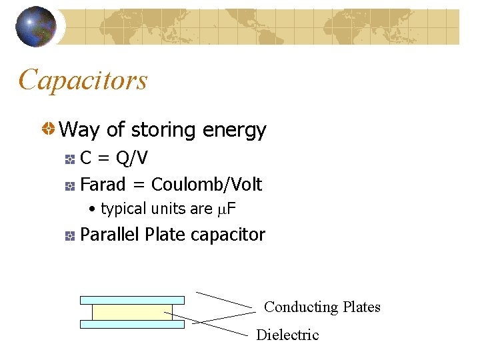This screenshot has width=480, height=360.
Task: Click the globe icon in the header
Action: pyautogui.click(x=36, y=27)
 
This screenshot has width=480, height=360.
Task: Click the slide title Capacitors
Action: pyautogui.click(x=83, y=80)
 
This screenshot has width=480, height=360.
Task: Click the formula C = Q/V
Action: pyautogui.click(x=114, y=159)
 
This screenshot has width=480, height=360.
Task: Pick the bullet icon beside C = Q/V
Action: pyautogui.click(x=70, y=159)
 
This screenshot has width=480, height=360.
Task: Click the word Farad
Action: pyautogui.click(x=102, y=184)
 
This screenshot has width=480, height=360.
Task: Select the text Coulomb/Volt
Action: pyautogui.click(x=207, y=184)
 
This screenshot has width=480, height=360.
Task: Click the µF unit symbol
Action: pyautogui.click(x=227, y=209)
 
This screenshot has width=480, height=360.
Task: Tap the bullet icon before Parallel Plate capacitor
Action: pyautogui.click(x=70, y=235)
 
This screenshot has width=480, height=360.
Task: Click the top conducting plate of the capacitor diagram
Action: pyautogui.click(x=132, y=300)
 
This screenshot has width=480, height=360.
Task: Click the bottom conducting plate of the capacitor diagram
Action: pyautogui.click(x=132, y=324)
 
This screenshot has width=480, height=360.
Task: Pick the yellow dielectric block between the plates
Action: pyautogui.click(x=132, y=312)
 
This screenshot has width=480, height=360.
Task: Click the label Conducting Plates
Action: pyautogui.click(x=322, y=307)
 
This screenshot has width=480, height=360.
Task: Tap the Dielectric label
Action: pyautogui.click(x=287, y=335)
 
